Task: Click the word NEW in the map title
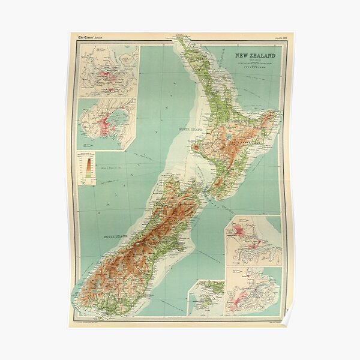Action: pos(242,56)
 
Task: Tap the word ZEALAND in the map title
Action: pos(263,56)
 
